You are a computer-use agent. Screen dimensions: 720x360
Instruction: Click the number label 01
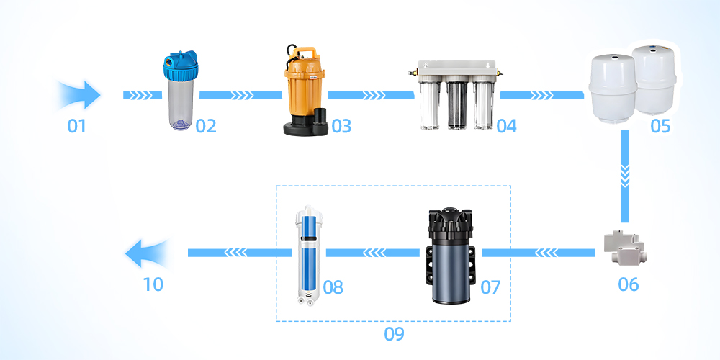(77, 126)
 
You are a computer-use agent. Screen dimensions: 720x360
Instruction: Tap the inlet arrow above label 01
(79, 95)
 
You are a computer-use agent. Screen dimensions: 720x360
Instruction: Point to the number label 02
(206, 126)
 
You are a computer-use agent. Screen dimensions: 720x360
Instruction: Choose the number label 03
(341, 126)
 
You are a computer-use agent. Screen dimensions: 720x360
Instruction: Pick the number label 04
(506, 126)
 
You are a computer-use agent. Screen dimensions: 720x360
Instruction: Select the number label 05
(660, 126)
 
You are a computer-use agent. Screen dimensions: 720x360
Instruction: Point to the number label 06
(628, 284)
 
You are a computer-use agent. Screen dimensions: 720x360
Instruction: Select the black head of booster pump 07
(451, 225)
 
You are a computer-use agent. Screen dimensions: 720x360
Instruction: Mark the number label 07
(490, 287)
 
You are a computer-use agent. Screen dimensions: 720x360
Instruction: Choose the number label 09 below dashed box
(394, 334)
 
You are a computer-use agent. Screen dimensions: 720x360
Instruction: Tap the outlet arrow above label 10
(148, 253)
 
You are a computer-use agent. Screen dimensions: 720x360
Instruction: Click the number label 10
(153, 284)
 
